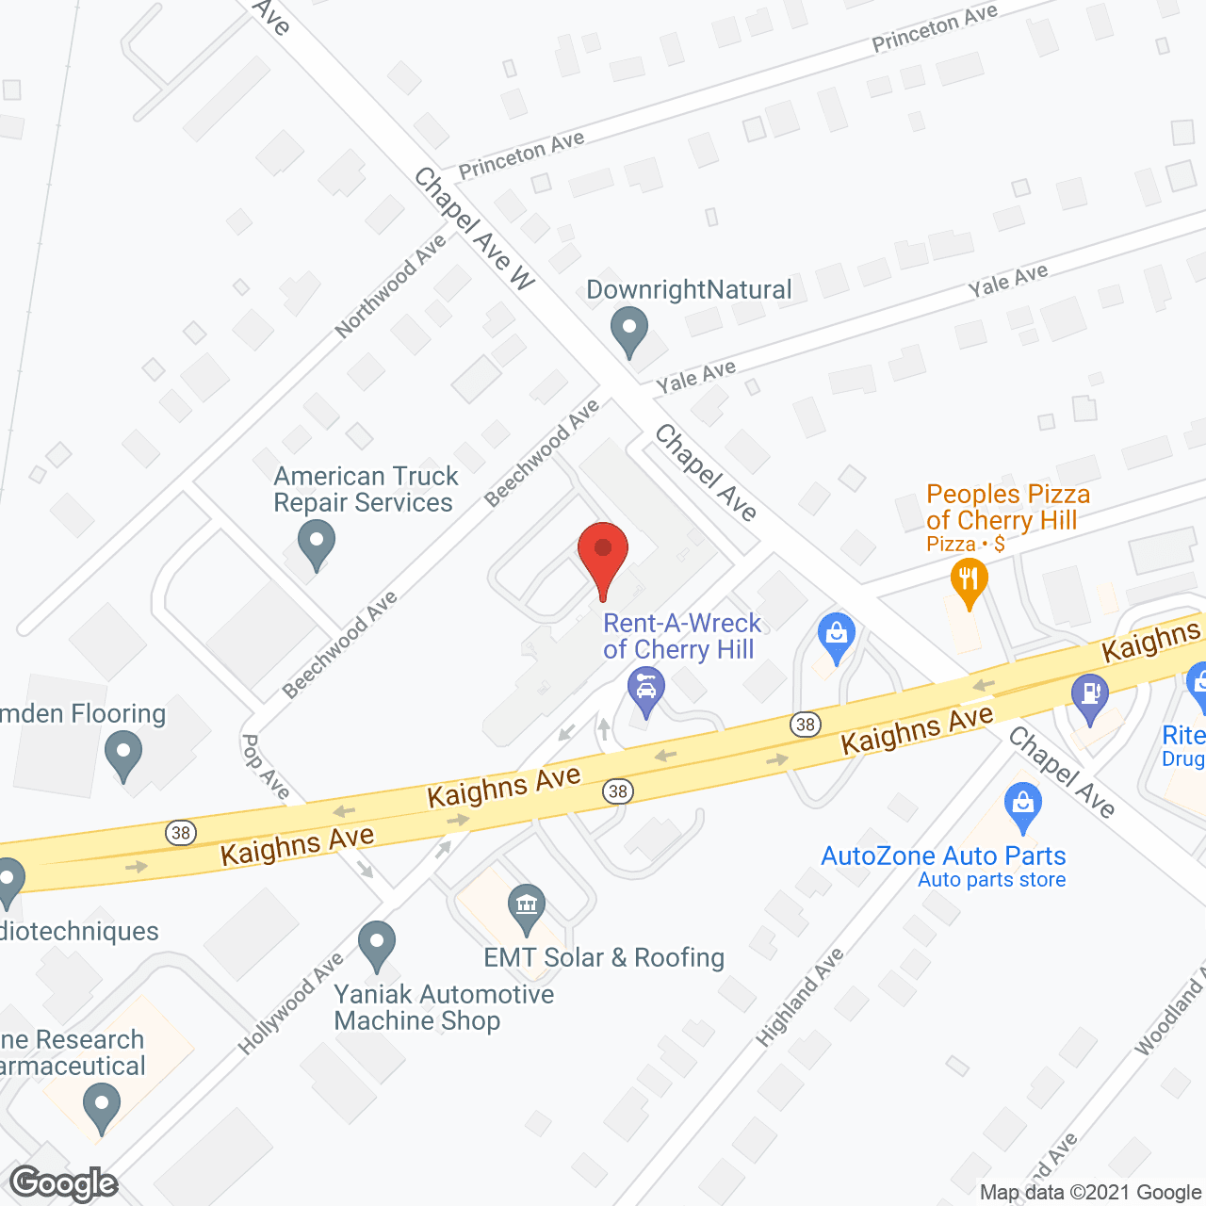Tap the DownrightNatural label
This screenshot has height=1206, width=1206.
pos(689,289)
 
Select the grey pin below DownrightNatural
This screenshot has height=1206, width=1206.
pos(629,331)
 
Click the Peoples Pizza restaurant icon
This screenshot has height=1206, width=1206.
pos(969,581)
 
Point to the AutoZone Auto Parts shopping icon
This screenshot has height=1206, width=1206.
pos(1022,807)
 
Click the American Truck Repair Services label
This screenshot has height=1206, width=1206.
pos(365,489)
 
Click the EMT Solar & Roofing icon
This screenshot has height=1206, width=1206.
pos(526,906)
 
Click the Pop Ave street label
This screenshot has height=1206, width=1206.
pos(266,766)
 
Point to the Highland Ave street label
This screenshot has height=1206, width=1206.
pos(800,997)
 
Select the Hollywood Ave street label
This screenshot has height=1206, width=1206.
pos(291,1003)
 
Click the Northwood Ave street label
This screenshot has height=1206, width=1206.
pos(390,286)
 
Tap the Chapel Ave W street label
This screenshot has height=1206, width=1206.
pos(474,228)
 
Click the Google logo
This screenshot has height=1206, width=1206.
pos(64,1183)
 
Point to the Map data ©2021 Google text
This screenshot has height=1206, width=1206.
pos(1090,1193)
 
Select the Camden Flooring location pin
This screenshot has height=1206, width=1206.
pos(123,756)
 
